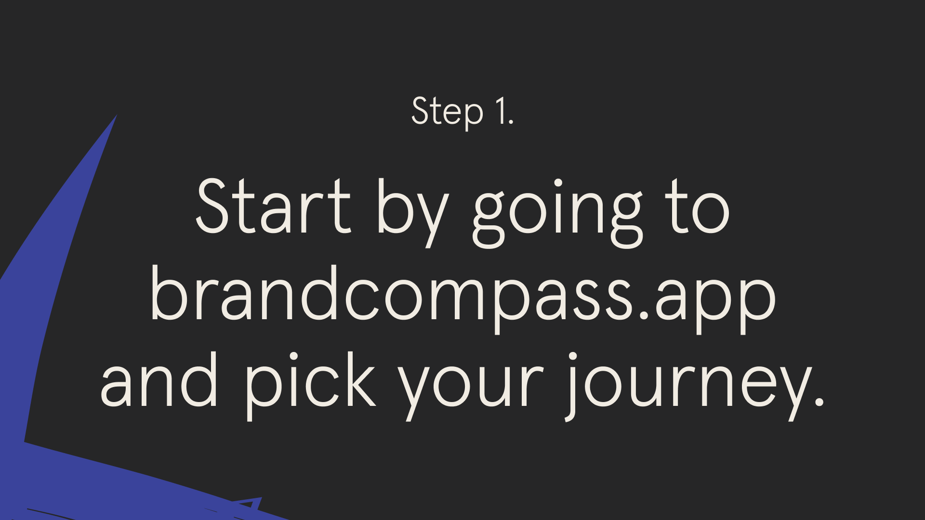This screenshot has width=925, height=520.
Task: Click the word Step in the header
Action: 447,112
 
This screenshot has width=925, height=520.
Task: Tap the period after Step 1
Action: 511,123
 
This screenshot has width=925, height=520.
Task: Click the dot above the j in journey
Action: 572,357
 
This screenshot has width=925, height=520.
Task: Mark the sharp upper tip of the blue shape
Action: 116,116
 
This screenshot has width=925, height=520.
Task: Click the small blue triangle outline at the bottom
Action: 251,504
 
